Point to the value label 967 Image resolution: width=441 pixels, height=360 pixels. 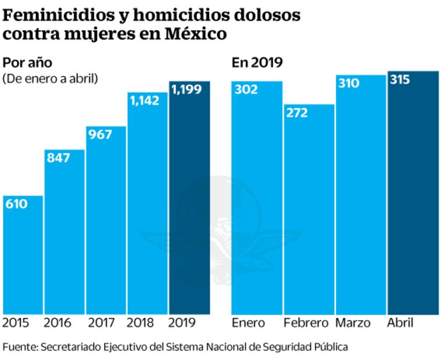tap(100, 135)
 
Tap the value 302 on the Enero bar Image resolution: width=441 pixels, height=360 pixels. tap(246, 90)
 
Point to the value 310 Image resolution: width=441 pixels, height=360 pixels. tap(348, 84)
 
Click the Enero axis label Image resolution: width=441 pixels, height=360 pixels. tap(248, 323)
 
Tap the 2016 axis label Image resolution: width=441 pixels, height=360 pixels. tap(58, 323)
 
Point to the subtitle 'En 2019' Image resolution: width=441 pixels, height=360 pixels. tap(257, 63)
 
